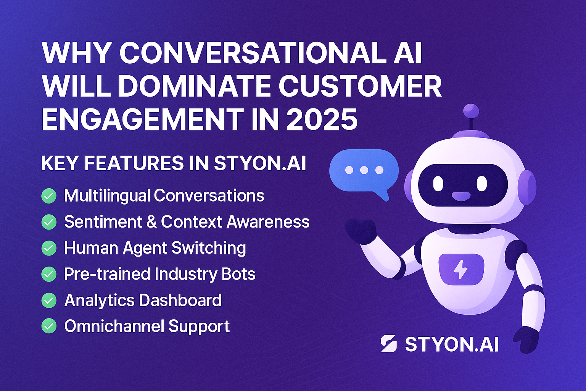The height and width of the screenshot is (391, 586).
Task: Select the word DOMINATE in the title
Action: [194, 86]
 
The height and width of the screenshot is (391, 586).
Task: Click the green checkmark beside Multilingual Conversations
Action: [49, 196]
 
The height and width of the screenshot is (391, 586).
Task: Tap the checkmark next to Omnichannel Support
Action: [49, 326]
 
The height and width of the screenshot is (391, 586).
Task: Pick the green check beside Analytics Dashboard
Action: [49, 300]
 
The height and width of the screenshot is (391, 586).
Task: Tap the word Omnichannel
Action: [114, 326]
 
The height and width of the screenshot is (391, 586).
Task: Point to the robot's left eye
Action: [438, 184]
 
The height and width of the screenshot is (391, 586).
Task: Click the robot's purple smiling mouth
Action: [461, 196]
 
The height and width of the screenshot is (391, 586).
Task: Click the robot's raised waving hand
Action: [361, 231]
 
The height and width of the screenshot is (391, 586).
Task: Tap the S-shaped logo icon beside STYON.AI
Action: [389, 343]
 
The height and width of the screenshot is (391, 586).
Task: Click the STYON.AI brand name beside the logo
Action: [452, 344]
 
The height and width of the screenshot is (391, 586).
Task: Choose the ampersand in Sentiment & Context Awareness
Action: [151, 222]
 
